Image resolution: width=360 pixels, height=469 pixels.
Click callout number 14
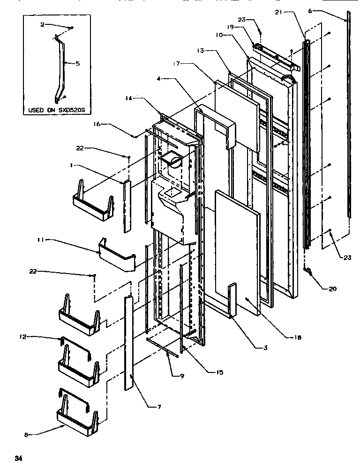point(129,98)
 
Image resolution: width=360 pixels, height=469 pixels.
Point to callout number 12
point(23,336)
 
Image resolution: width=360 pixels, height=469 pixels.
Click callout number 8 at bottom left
point(26,435)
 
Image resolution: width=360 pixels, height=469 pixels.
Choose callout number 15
point(219,372)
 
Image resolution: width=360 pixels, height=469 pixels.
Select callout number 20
point(332,289)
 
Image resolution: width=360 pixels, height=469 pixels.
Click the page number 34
point(18,458)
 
